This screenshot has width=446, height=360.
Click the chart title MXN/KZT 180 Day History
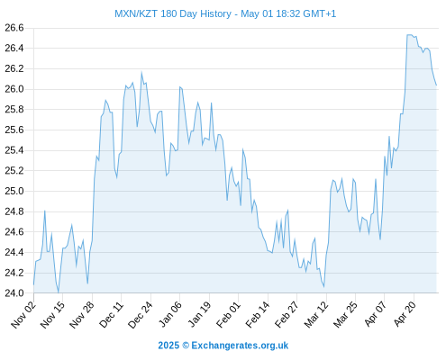(x=173, y=13)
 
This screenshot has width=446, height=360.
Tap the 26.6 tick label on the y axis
(x=14, y=28)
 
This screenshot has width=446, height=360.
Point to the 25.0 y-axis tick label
(x=14, y=191)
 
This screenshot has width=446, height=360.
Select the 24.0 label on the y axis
(x=14, y=292)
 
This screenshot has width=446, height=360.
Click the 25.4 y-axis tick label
(x=14, y=150)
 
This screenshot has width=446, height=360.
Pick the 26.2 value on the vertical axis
(x=14, y=68)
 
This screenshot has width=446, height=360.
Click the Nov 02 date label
(x=23, y=315)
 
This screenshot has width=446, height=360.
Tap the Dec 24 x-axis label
(x=141, y=315)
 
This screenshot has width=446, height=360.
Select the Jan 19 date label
(x=199, y=315)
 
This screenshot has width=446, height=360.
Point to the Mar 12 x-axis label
(x=316, y=315)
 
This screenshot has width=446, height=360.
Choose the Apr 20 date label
(x=405, y=314)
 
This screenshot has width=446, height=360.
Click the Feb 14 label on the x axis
(x=258, y=315)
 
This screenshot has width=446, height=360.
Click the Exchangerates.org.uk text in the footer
(x=240, y=346)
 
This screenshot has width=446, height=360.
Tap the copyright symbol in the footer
(x=186, y=346)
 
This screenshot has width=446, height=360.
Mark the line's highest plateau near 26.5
(x=410, y=35)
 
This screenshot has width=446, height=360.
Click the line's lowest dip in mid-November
(x=59, y=292)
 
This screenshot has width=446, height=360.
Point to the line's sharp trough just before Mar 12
(x=323, y=286)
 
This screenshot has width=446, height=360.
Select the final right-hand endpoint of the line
(x=436, y=85)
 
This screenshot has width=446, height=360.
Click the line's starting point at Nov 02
(x=33, y=284)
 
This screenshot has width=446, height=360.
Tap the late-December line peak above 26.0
(x=141, y=72)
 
